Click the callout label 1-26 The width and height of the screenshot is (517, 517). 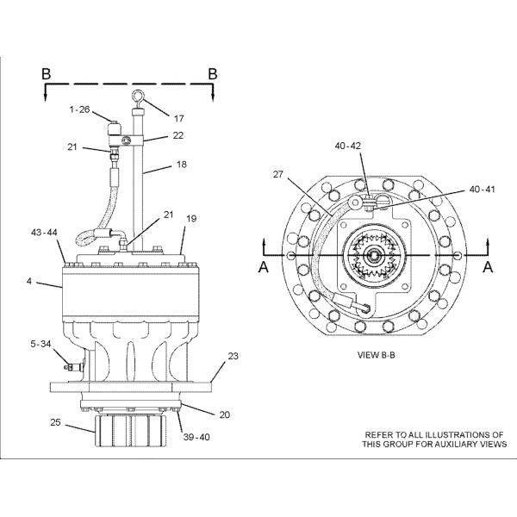tap(80, 109)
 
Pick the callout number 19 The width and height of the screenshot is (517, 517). tap(191, 219)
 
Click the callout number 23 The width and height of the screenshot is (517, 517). tap(233, 355)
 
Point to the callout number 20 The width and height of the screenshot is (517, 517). tap(224, 414)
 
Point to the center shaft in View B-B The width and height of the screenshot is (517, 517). tap(376, 257)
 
